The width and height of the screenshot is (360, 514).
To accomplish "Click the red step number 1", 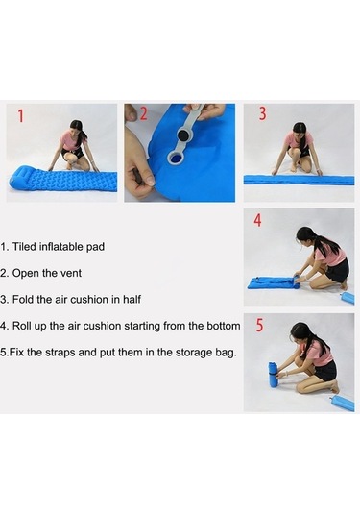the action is [20, 116].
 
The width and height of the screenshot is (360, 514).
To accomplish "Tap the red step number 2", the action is [144, 113].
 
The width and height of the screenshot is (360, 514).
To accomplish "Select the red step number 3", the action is [263, 113].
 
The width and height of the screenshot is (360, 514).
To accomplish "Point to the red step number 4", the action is [258, 220].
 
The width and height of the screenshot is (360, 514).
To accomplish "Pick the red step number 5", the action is [259, 325].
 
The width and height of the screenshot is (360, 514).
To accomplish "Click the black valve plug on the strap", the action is [182, 135].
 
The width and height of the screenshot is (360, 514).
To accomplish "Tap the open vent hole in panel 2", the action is [176, 159].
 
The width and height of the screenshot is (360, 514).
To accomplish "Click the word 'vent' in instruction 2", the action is [72, 273].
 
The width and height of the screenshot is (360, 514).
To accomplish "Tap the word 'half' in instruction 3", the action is [132, 300].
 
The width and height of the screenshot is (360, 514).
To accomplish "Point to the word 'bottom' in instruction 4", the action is [224, 326].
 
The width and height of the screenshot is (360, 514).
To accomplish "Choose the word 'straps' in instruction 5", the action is [60, 353].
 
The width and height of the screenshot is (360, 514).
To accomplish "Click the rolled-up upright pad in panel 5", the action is [273, 376].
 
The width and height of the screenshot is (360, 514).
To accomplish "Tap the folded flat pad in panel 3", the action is [299, 181].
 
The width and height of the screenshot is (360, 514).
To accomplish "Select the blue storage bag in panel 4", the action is [348, 298].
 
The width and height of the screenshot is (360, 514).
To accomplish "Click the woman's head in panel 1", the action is [77, 129].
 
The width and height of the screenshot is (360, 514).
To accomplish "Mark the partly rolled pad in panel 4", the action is [274, 283].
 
